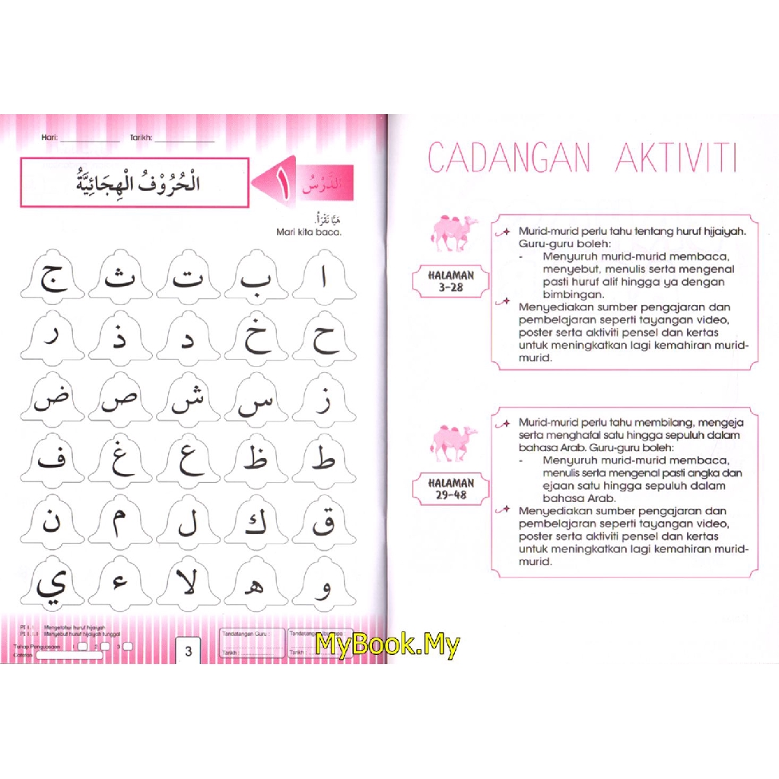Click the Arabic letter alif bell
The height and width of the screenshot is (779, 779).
pyautogui.click(x=323, y=278)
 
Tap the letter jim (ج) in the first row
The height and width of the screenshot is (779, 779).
pyautogui.click(x=52, y=278)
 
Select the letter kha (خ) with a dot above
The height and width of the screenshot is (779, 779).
pyautogui.click(x=256, y=339)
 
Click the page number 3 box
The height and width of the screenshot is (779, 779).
pyautogui.click(x=189, y=650)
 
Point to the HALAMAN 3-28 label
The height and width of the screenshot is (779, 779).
pyautogui.click(x=450, y=281)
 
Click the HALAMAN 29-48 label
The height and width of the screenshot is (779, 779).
pyautogui.click(x=450, y=488)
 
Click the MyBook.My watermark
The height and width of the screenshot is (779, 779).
pyautogui.click(x=388, y=644)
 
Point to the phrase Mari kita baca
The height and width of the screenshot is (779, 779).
pyautogui.click(x=309, y=233)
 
